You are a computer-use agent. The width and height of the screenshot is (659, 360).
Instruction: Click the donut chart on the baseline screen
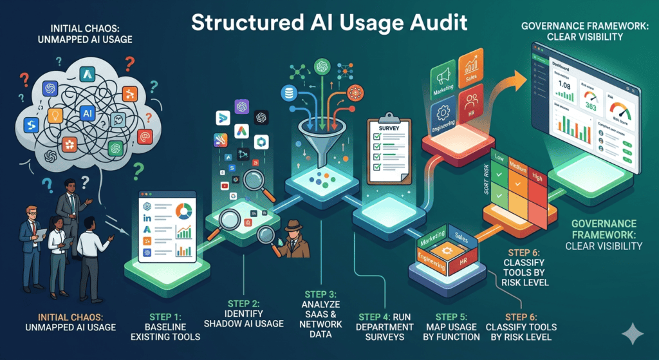tap(184, 211)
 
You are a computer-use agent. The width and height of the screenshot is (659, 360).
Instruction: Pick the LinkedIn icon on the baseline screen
tap(147, 220)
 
